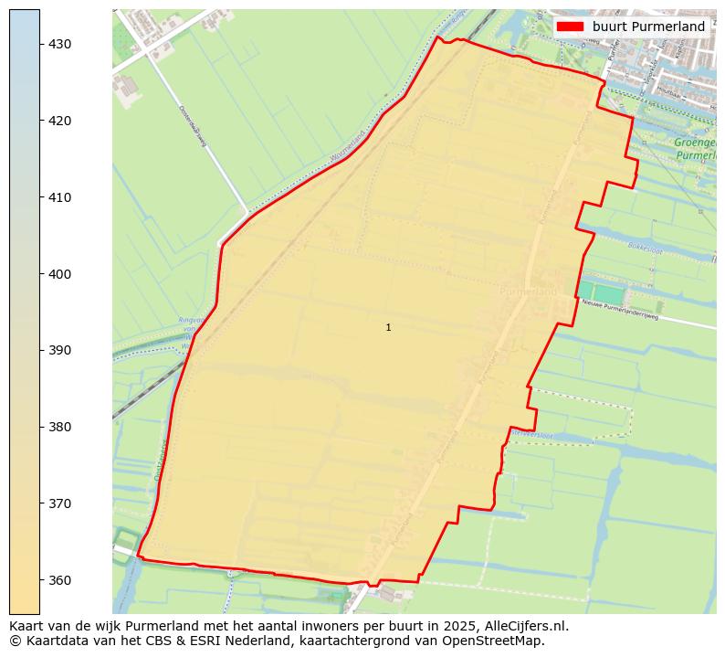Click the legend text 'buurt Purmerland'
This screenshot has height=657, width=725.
click(648, 26)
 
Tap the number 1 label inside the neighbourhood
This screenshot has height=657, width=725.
click(388, 327)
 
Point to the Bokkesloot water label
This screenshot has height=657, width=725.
click(644, 247)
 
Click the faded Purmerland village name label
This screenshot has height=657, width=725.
click(528, 291)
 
